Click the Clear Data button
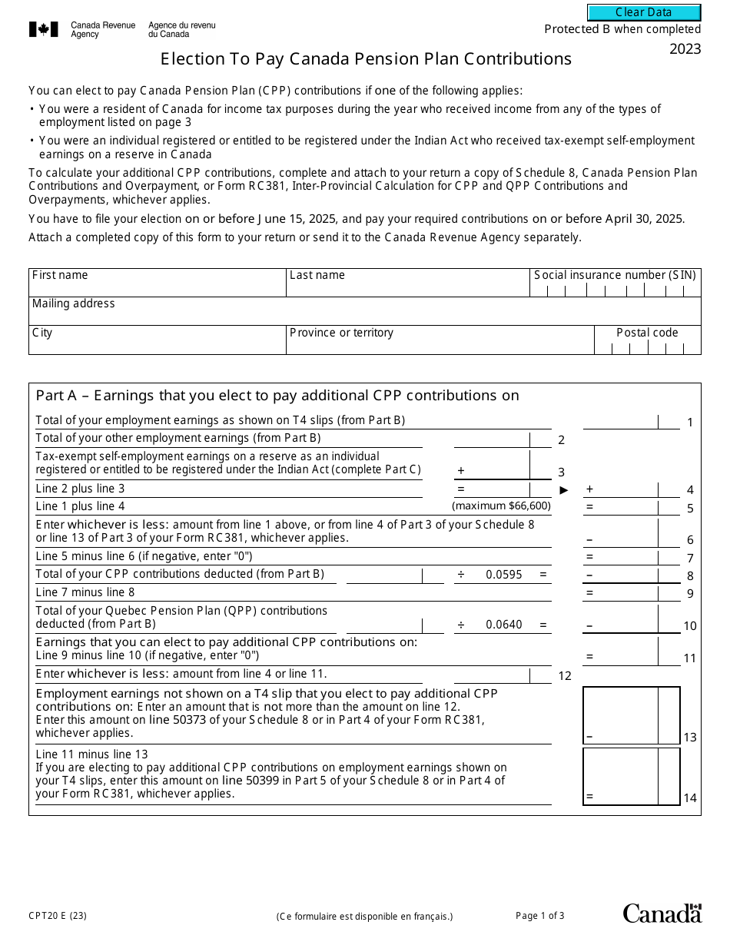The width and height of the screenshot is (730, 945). tap(644, 12)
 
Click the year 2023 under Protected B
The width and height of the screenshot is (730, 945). tap(685, 50)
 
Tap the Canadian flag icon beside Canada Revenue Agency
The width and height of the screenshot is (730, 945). tap(43, 30)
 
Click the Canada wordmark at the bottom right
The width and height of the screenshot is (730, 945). tap(662, 913)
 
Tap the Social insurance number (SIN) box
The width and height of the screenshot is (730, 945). tap(615, 290)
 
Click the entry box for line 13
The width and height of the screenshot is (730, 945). tap(621, 715)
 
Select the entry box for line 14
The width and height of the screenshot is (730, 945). tap(621, 776)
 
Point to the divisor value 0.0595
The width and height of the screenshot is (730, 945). tap(504, 575)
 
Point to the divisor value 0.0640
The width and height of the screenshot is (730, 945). tap(504, 625)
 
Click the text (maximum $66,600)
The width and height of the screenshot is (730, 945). tap(501, 506)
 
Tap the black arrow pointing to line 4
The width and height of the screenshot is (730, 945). tap(564, 489)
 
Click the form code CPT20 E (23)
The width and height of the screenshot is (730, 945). tap(58, 915)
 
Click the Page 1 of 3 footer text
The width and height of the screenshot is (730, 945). tap(539, 915)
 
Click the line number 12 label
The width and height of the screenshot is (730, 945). tap(565, 676)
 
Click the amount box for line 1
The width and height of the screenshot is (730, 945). tap(621, 421)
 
